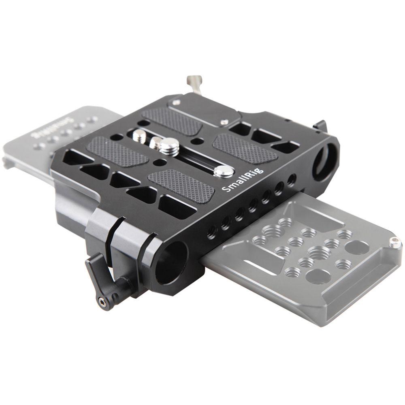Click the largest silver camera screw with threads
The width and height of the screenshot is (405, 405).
169,146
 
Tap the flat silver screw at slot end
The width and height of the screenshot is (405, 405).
224,171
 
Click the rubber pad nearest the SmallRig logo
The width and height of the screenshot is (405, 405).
181,185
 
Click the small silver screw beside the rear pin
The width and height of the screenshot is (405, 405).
224,122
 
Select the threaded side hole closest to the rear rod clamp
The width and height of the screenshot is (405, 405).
291,180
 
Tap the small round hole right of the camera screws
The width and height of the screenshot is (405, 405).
197,141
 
